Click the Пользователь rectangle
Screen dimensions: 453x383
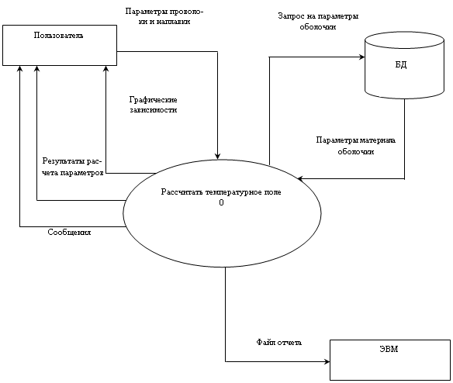click(60, 45)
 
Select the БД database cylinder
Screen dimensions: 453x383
click(404, 66)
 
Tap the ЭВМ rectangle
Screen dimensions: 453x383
click(390, 360)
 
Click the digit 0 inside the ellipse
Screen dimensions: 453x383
click(221, 202)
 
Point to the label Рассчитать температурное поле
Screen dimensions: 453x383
click(221, 192)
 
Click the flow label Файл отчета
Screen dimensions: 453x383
click(279, 342)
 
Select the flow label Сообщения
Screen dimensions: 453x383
click(69, 233)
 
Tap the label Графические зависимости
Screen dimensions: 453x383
click(153, 105)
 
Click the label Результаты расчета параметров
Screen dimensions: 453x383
click(73, 167)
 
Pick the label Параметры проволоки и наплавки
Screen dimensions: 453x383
click(164, 16)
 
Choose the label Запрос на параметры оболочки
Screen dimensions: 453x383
click(318, 22)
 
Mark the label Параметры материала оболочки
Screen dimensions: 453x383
click(355, 146)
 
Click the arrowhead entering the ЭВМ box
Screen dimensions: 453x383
click(327, 361)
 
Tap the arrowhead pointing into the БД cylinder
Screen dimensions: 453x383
click(362, 57)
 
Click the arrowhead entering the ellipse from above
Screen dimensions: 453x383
click(217, 157)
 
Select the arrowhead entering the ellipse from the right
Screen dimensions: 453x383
click(300, 178)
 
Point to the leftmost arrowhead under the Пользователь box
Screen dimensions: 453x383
click(19, 68)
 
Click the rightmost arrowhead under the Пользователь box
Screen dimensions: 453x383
click(105, 68)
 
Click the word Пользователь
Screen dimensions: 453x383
click(59, 36)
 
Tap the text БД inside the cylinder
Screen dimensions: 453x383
click(401, 64)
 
